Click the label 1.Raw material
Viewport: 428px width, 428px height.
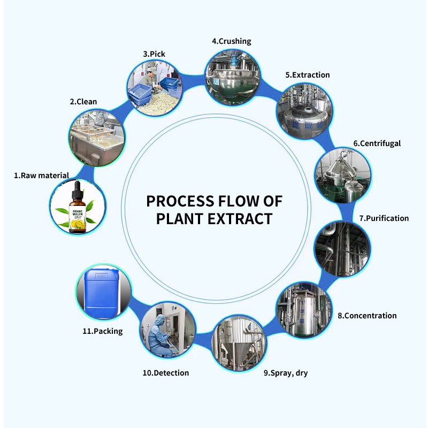click(42, 175)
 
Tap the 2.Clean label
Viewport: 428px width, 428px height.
click(83, 102)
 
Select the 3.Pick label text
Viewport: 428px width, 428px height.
click(154, 54)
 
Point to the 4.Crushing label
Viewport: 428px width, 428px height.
click(232, 41)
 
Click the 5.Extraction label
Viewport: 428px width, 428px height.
click(308, 75)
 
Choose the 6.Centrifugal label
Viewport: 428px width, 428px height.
click(377, 143)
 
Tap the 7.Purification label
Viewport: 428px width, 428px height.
click(384, 218)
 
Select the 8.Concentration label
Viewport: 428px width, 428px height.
click(367, 316)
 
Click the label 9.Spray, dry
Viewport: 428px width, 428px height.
click(286, 373)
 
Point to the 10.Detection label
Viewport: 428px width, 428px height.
click(166, 373)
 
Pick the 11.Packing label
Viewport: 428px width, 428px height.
click(103, 331)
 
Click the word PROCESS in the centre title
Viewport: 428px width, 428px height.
click(180, 202)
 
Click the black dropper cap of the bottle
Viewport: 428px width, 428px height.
click(78, 191)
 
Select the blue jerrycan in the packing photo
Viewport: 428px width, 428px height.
click(102, 292)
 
